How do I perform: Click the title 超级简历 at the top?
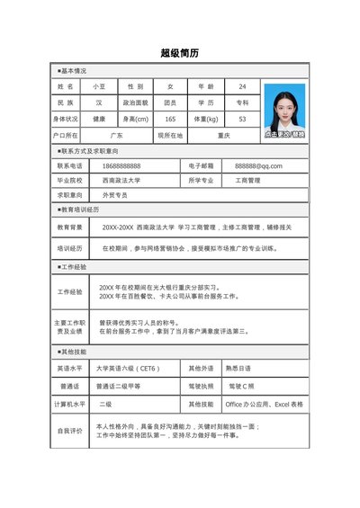[x=179, y=53]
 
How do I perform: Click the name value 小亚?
[x=99, y=86]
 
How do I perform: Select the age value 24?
[x=242, y=86]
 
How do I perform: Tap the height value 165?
[x=170, y=119]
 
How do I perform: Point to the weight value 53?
[x=242, y=119]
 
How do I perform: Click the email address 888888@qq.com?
[x=258, y=166]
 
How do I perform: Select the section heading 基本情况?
[x=73, y=69]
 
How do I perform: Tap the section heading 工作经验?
[x=73, y=267]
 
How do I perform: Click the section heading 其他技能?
[x=73, y=352]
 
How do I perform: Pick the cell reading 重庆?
[x=224, y=135]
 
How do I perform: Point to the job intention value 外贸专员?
[x=114, y=194]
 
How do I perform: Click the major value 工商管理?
[x=247, y=180]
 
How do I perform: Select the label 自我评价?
[x=69, y=431]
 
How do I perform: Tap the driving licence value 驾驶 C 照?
[x=243, y=386]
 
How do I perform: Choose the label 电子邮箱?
[x=202, y=166]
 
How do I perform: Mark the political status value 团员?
[x=170, y=102]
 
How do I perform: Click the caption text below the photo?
[x=284, y=133]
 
